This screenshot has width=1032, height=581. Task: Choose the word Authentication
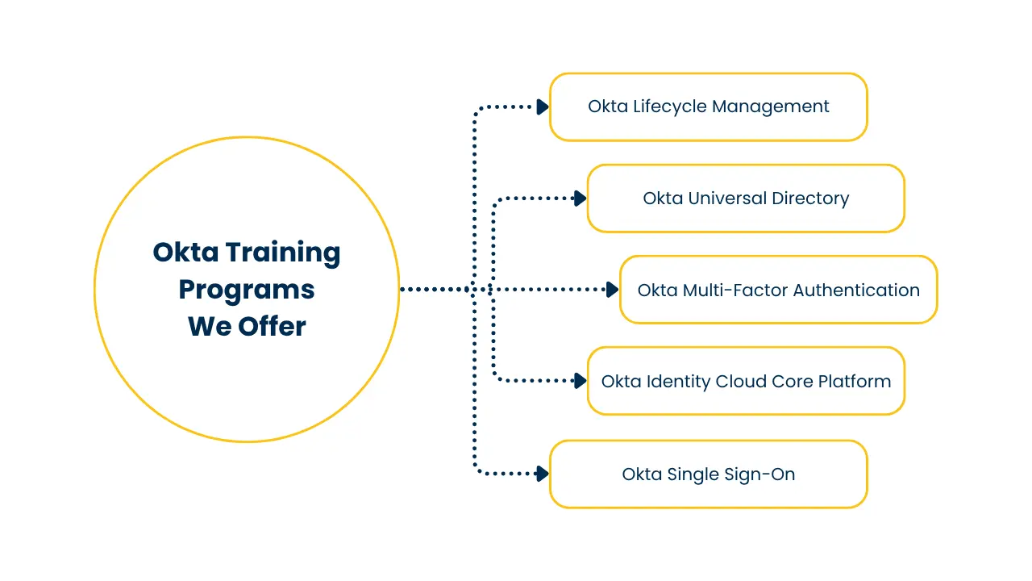point(856,290)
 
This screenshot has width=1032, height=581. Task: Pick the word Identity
point(676,382)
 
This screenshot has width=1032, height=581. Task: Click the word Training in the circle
point(282,253)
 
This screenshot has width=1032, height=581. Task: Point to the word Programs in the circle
point(247,290)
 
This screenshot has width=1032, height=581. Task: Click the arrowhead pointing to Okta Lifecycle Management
point(543,107)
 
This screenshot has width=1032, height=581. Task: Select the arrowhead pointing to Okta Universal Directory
point(580,199)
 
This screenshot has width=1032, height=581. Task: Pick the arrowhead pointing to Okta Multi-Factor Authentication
point(612,289)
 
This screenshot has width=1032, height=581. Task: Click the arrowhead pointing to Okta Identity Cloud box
point(580,381)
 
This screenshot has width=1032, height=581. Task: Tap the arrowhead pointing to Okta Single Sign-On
point(543,474)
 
